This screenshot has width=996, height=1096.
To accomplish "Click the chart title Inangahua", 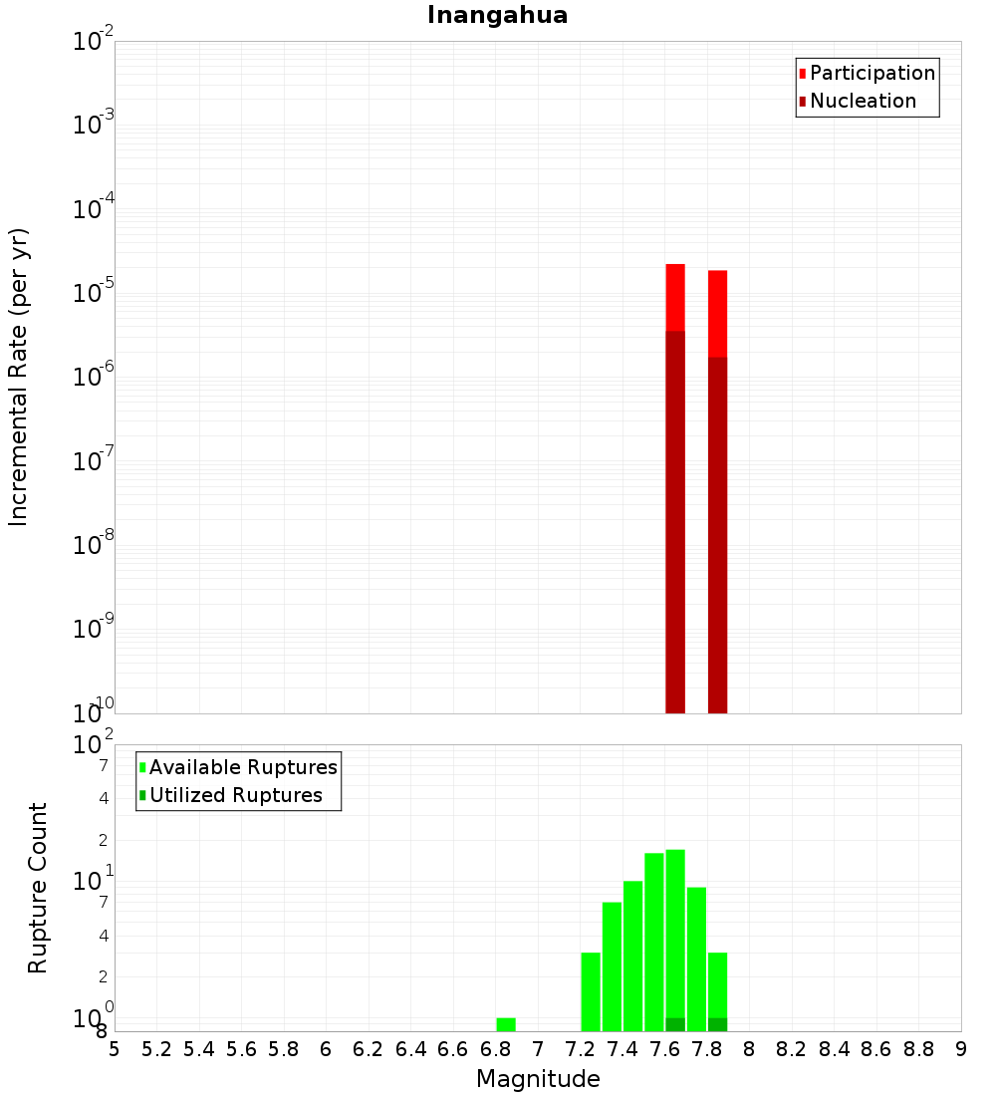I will (497, 15).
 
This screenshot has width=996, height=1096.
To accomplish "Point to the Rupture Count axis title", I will (38, 888).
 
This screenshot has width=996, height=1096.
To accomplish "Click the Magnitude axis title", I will (538, 1079).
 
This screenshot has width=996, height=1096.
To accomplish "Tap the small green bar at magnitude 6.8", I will (506, 1024).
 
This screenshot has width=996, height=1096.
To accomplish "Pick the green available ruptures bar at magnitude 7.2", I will (591, 991).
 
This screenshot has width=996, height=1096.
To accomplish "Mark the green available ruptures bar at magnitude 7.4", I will (632, 956).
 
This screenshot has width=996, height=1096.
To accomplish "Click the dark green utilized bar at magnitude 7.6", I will (675, 1024).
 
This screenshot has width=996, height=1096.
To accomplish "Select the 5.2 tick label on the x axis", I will (156, 1048).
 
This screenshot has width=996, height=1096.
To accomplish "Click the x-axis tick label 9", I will (961, 1048).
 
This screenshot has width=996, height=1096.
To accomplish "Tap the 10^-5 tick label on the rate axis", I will (94, 294).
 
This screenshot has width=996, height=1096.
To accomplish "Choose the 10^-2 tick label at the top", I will (94, 42).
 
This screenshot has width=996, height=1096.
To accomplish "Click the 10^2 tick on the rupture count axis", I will (94, 745).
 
